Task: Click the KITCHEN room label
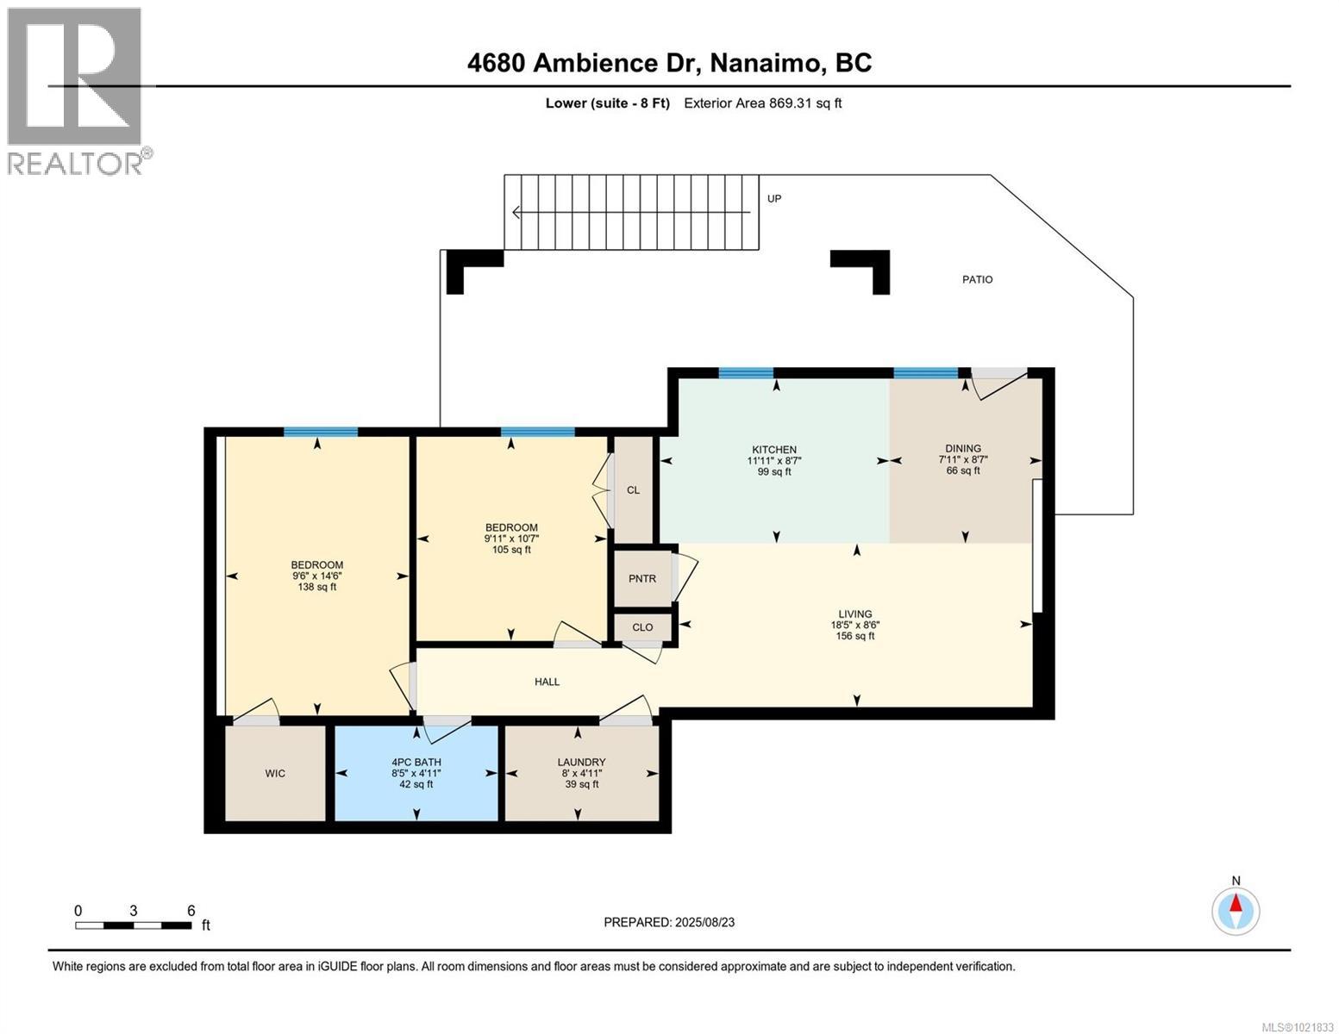pos(773,450)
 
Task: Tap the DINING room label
pos(962,448)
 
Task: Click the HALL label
pos(547,682)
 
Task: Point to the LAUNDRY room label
pos(581,763)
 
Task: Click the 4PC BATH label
pos(416,763)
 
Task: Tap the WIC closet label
pos(275,773)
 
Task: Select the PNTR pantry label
pos(641,579)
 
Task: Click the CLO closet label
pos(642,627)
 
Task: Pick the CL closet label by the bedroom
pos(633,490)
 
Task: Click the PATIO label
pos(977,279)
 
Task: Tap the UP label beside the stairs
pos(774,199)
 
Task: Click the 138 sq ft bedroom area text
pos(316,588)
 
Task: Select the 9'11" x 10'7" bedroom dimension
pos(511,539)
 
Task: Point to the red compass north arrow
pos(1236,904)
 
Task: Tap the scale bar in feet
pos(134,925)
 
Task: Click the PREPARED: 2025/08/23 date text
pos(669,922)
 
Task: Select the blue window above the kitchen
pos(746,373)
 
